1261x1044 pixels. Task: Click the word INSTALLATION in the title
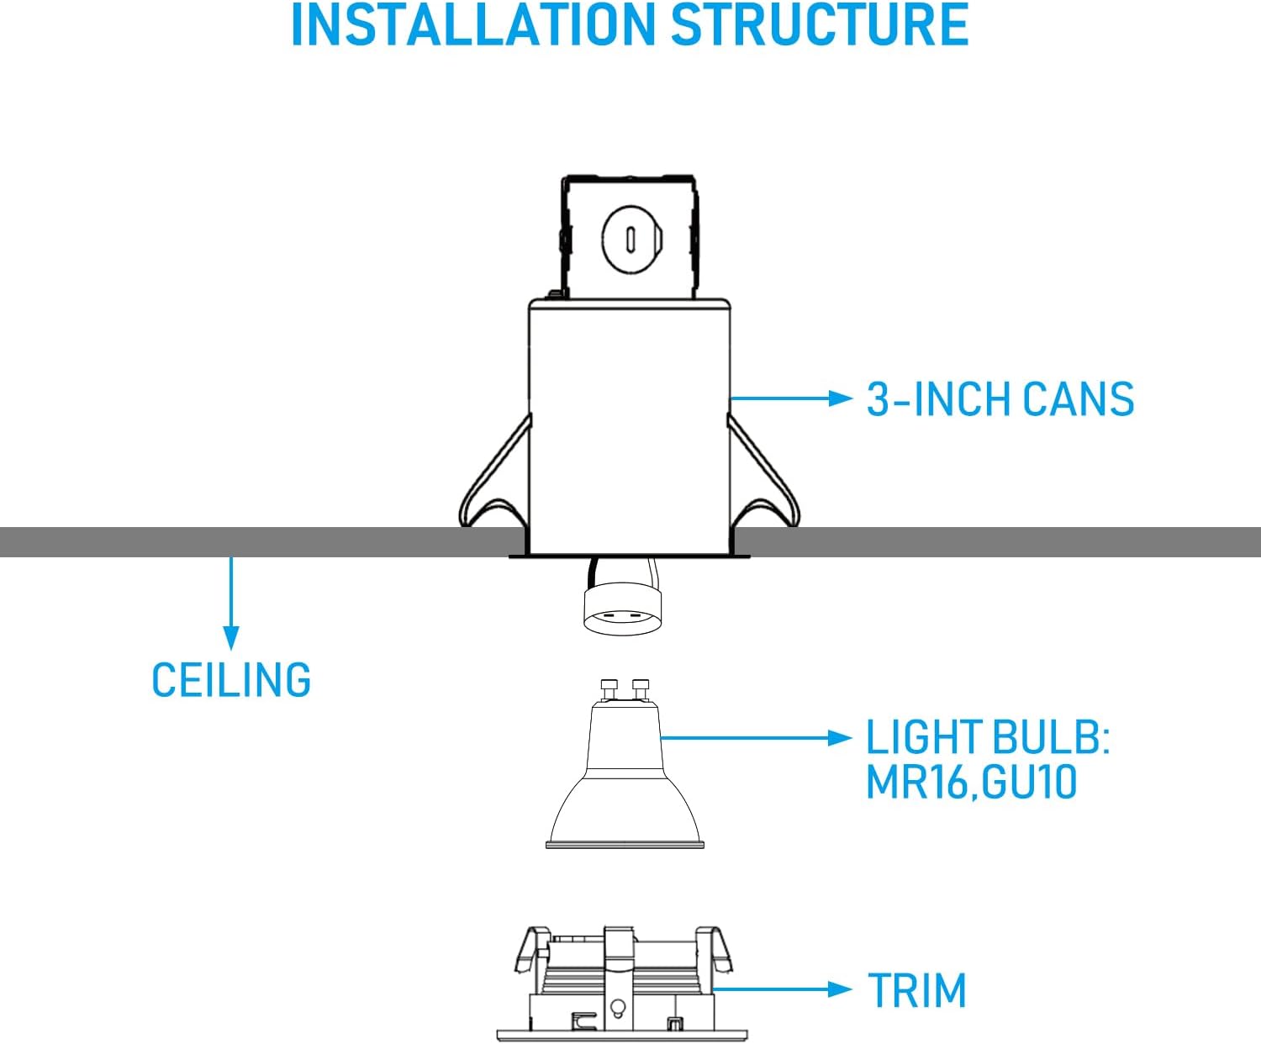(x=472, y=24)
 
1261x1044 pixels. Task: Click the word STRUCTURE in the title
(x=820, y=24)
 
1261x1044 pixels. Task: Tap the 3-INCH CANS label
(x=1000, y=399)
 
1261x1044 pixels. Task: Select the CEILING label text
(x=231, y=680)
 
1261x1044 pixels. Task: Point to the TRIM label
(x=917, y=991)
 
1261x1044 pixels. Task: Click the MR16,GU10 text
(x=971, y=783)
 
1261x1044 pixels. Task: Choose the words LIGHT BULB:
(x=988, y=736)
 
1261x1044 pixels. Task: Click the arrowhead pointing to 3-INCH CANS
(x=840, y=398)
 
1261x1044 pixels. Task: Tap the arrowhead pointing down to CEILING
(x=230, y=638)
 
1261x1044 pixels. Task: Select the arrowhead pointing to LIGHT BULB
(x=840, y=738)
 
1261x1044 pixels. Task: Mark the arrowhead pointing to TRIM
(x=840, y=989)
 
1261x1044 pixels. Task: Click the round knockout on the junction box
(x=631, y=240)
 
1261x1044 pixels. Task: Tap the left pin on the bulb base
(x=608, y=689)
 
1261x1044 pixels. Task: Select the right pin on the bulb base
(x=641, y=689)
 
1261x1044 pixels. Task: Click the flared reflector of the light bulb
(x=625, y=809)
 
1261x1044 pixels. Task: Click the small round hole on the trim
(x=618, y=1006)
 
